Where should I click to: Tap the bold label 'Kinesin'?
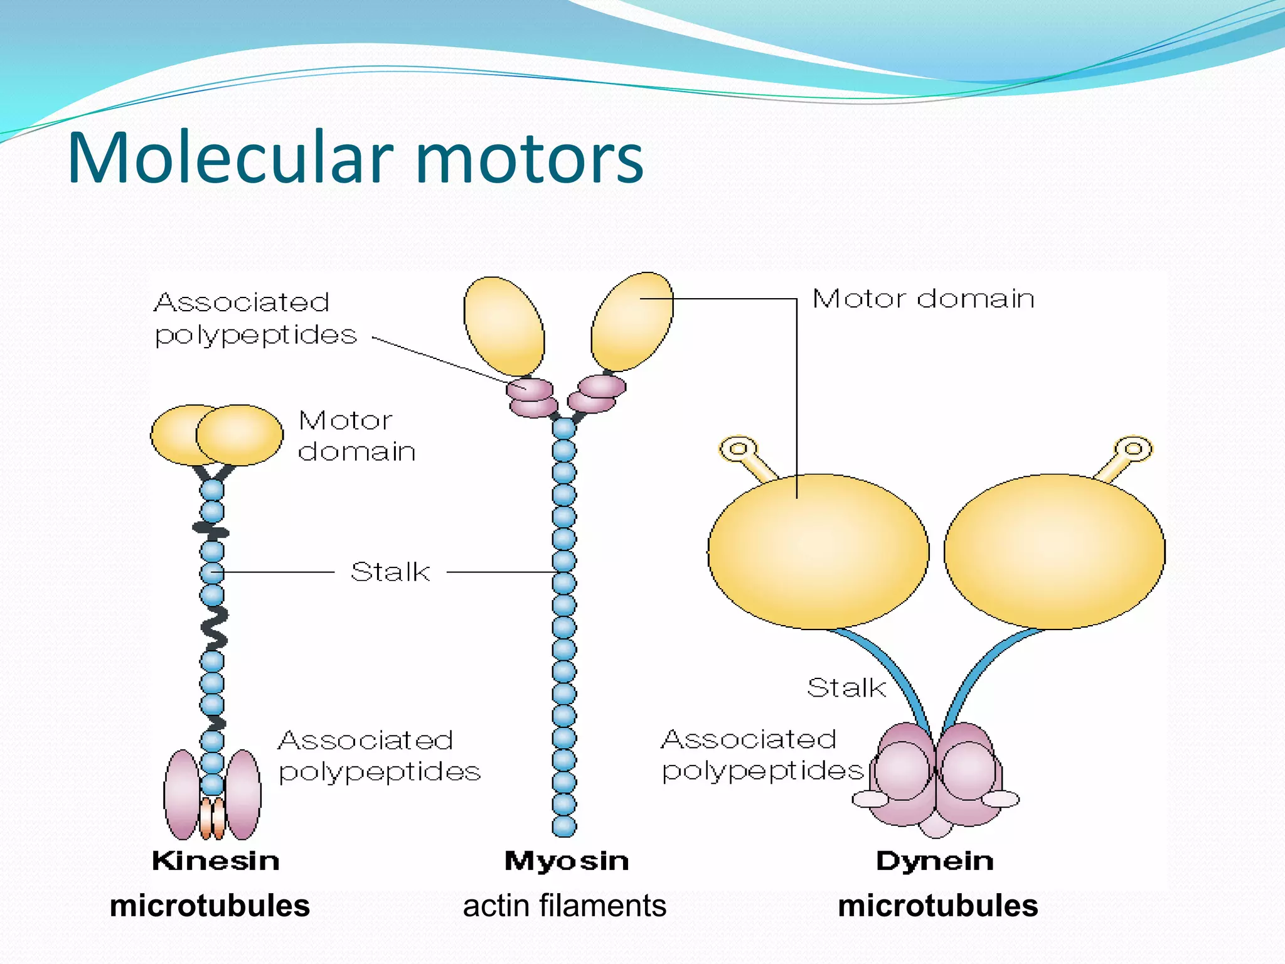[216, 860]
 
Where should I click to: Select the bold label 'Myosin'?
[566, 860]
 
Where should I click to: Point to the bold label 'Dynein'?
[935, 860]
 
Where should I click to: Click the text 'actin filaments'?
[565, 906]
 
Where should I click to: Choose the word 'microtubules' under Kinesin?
[210, 906]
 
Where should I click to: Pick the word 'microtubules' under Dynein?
[938, 906]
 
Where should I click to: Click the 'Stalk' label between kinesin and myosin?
[390, 572]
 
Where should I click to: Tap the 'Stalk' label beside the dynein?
[846, 688]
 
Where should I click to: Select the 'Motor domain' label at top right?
[923, 299]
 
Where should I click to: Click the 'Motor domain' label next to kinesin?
[356, 436]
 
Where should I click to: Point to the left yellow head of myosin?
[504, 326]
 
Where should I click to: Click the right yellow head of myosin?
[632, 321]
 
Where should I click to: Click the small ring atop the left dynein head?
[738, 448]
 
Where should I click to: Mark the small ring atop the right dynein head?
[1133, 448]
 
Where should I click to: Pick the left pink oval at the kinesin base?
[182, 794]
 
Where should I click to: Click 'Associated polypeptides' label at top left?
[255, 318]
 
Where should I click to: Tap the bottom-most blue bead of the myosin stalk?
[564, 826]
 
